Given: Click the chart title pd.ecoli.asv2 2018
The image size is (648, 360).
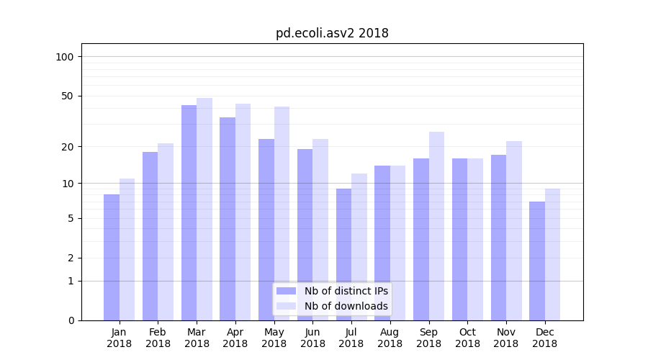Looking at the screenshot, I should [332, 33].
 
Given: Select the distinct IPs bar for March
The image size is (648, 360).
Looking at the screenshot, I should [189, 212].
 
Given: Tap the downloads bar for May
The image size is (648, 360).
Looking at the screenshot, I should [282, 213].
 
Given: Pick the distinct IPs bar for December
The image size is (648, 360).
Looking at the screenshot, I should [537, 261].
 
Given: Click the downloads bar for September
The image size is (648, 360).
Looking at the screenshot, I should [436, 225].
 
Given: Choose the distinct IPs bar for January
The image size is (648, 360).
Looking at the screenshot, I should [112, 257].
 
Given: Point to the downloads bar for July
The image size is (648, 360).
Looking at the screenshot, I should [359, 246].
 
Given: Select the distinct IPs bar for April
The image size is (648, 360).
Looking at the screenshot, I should [228, 218].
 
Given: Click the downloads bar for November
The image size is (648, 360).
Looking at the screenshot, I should [514, 230].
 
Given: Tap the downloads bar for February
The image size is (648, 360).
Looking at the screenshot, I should [166, 231].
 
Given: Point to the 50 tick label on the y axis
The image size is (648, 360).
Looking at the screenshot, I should [68, 96].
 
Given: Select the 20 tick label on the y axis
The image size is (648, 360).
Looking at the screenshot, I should [68, 147].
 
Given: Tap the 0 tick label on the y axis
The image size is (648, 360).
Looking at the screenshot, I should [71, 320].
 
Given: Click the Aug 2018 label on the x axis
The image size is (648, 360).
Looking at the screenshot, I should [390, 338].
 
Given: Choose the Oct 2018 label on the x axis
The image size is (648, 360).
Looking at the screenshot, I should [467, 338].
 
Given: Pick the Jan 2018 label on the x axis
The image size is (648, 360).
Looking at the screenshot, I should [120, 338].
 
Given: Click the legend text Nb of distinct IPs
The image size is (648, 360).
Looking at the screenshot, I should [346, 291].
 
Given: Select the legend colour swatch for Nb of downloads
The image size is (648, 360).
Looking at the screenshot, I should [287, 306].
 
